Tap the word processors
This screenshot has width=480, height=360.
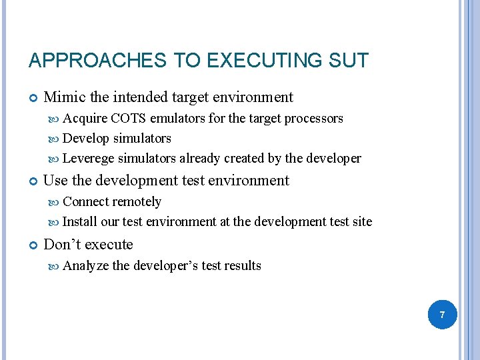coord(314,119)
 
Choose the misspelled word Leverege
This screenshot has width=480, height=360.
coord(88,159)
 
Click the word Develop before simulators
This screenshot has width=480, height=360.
coord(86,139)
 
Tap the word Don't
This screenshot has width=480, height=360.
coord(63,244)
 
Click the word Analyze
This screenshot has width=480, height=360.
coord(86,265)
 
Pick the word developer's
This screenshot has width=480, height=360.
coord(165,265)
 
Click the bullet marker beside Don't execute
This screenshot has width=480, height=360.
coord(33,245)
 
